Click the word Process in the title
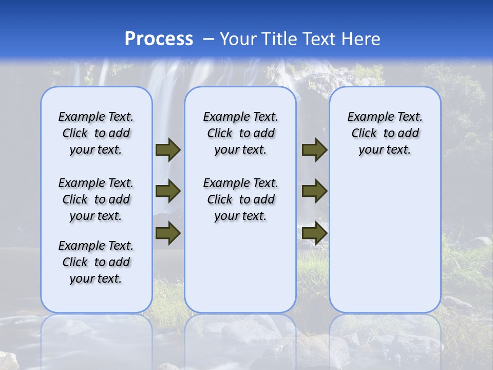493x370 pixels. [x=159, y=39]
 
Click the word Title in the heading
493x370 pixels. [x=277, y=39]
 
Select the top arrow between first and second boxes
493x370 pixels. [x=168, y=150]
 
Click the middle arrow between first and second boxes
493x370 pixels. [x=168, y=191]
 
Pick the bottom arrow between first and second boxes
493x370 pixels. [x=168, y=233]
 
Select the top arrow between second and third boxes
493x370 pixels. [x=314, y=150]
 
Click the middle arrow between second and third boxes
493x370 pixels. [x=314, y=191]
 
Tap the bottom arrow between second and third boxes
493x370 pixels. [x=314, y=233]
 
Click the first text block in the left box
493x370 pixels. [x=96, y=133]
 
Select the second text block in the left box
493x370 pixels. [x=96, y=199]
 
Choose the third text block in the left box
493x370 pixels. [x=96, y=262]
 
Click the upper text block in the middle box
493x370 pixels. [x=240, y=133]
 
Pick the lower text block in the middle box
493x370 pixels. [x=240, y=199]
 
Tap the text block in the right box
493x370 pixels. [x=385, y=133]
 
